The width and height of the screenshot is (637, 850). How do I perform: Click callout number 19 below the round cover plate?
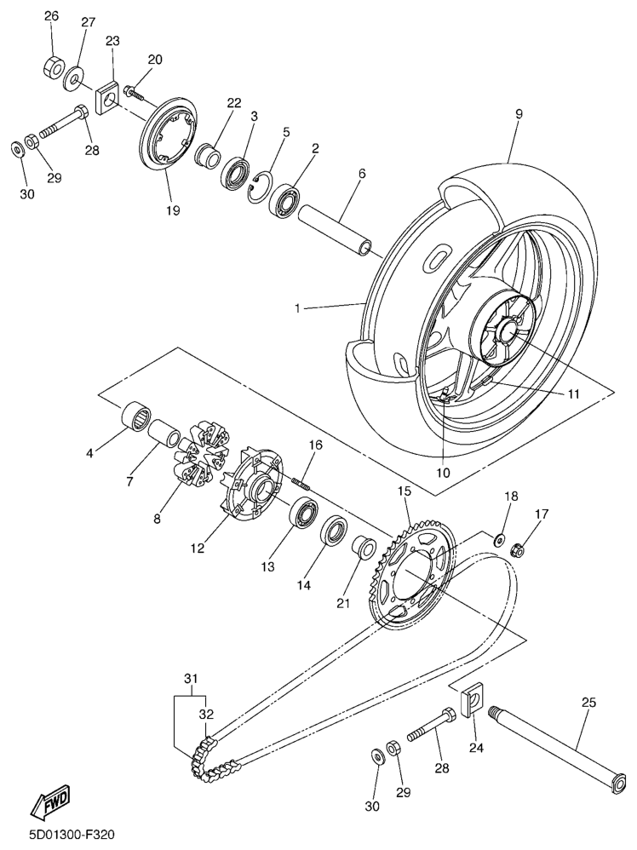point(173,210)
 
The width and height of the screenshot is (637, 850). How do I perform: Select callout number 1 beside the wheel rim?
point(298,307)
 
